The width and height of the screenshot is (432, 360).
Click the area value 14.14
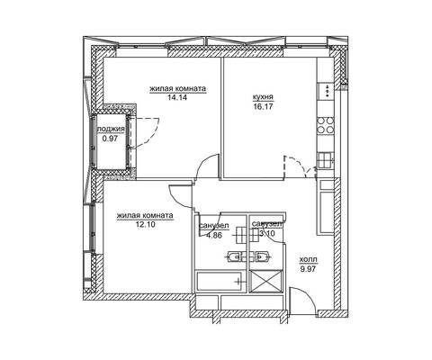(x=177, y=97)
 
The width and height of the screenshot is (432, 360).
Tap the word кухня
(x=263, y=97)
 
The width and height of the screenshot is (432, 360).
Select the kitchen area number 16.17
(x=263, y=106)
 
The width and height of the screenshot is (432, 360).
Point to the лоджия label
(x=111, y=130)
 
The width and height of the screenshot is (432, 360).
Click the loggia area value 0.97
(x=110, y=139)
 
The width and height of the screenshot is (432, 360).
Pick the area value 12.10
(x=146, y=224)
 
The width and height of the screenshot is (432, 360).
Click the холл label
(x=308, y=259)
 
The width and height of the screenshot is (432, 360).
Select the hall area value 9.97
(x=308, y=269)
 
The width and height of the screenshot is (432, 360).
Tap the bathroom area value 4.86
(x=214, y=236)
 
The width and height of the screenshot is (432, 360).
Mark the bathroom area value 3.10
(x=267, y=233)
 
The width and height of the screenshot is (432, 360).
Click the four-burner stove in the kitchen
(x=326, y=125)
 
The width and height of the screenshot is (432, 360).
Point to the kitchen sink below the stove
(x=326, y=160)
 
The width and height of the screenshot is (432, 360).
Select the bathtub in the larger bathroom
(x=219, y=282)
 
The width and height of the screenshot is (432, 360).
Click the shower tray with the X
(x=265, y=281)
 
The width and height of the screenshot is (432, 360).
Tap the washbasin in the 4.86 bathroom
(x=234, y=256)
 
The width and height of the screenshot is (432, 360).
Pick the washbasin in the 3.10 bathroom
(x=264, y=256)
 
